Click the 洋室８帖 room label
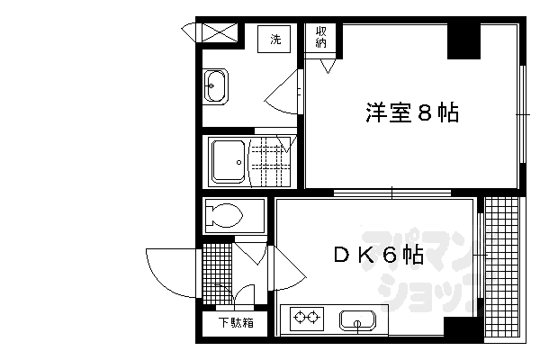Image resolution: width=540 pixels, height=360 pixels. pos(411,113)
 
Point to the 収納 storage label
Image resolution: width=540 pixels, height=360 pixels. pos(321,39)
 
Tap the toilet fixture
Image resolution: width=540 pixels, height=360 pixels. pos(225,215)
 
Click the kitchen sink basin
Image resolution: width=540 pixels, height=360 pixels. pos(359,319)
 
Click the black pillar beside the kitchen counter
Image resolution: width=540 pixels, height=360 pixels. pos(461,328)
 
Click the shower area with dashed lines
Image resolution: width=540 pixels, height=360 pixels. pos(270,162)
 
